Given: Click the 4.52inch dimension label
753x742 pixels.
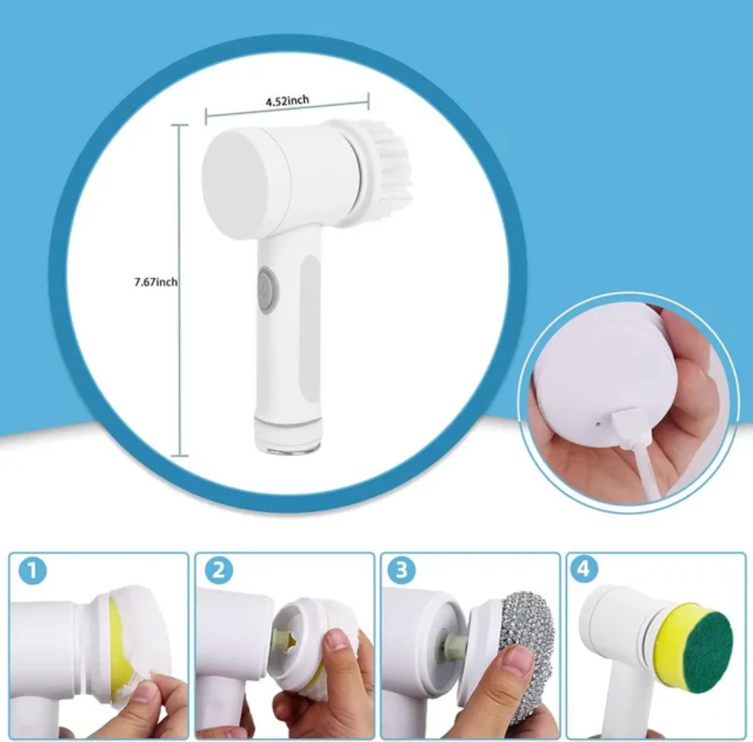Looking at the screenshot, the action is pos(287,100).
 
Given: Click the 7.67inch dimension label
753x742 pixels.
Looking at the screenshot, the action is pos(156,282).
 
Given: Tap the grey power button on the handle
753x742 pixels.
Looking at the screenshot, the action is pos(267,290).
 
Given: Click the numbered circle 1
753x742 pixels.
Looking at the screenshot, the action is pos(32,571).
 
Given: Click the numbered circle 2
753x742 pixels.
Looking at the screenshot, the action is pos(218,571).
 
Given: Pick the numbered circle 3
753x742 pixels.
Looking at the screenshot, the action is pos(402,571).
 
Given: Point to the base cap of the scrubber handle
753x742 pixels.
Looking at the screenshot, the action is pos(287,436).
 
